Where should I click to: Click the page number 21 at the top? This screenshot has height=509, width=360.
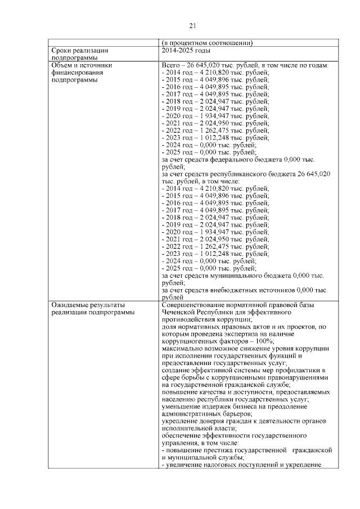point(192,25)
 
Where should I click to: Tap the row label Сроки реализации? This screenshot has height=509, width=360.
point(79,50)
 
